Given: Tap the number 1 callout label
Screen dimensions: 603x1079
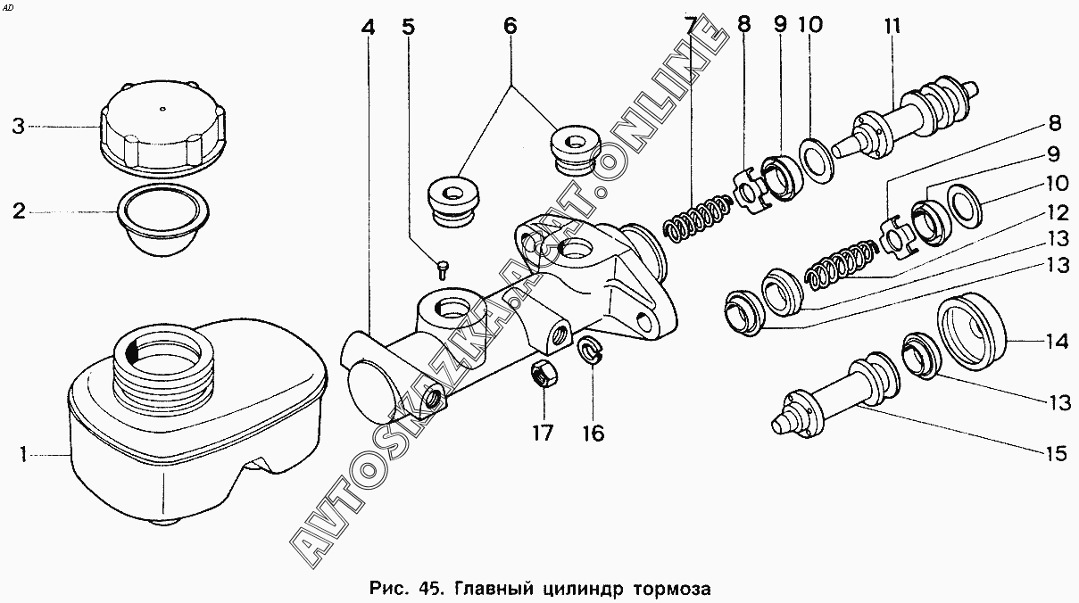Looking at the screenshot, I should [x=24, y=456].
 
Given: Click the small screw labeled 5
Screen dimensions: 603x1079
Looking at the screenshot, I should [x=444, y=267].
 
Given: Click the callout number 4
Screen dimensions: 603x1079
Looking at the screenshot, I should [x=368, y=28].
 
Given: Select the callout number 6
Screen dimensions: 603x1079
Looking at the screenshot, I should [x=510, y=27].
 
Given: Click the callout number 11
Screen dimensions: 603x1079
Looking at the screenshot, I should [x=892, y=27].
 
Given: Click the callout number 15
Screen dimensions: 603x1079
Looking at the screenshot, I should [x=1055, y=454].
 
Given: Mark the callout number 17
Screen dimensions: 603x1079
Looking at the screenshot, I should [x=543, y=434].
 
